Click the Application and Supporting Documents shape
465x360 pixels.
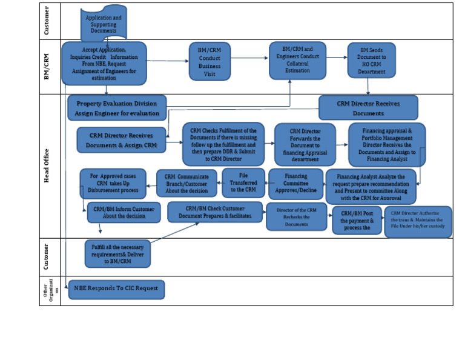coord(104,24)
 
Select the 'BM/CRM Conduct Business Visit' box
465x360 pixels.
coord(209,61)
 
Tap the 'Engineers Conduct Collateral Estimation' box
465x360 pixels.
coord(297,60)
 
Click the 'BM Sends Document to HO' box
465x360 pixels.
coord(371,60)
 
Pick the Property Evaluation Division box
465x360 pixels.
coord(117,108)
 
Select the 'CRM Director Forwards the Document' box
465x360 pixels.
coord(305,144)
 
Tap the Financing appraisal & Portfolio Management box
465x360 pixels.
coord(386,144)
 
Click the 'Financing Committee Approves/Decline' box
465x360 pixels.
coord(295,184)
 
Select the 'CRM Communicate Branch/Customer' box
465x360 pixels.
coord(186,183)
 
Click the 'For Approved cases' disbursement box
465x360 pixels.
coord(113,183)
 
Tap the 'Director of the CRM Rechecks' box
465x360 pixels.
coord(297,216)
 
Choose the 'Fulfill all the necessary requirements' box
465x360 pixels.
coord(117,253)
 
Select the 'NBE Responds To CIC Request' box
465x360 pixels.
coord(116,289)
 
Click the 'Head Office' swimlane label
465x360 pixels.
coord(47,165)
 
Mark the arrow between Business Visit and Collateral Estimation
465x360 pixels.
coord(249,61)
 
